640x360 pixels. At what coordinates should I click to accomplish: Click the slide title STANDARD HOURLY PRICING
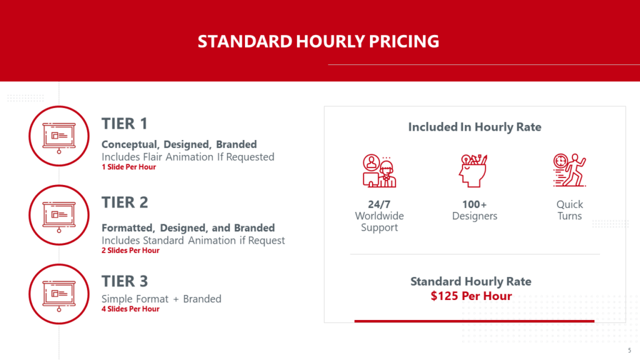pos(318,41)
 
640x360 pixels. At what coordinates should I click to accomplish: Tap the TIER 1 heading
pos(124,124)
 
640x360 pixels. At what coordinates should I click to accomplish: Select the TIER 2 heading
pos(125,202)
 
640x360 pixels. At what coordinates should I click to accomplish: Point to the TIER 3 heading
pos(125,281)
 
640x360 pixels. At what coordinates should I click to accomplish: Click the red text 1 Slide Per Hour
pos(129,167)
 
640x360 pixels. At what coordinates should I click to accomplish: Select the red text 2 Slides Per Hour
pos(131,251)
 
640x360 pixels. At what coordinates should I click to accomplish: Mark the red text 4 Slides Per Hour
pos(131,309)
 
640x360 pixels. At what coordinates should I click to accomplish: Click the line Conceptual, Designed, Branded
pos(179,144)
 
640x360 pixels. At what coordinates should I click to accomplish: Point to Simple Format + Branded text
pos(162,299)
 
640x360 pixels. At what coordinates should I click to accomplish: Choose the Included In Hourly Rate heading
pos(475,127)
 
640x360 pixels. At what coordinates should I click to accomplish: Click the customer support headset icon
pos(379,171)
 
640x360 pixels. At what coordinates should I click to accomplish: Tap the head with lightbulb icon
pos(473,171)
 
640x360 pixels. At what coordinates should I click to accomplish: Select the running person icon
pos(569,170)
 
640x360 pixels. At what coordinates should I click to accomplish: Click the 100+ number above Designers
pos(474,204)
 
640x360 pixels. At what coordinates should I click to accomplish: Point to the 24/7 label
pos(379,204)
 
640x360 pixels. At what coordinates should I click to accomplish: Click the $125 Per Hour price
pos(471,296)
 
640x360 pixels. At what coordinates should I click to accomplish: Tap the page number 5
pos(629,350)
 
